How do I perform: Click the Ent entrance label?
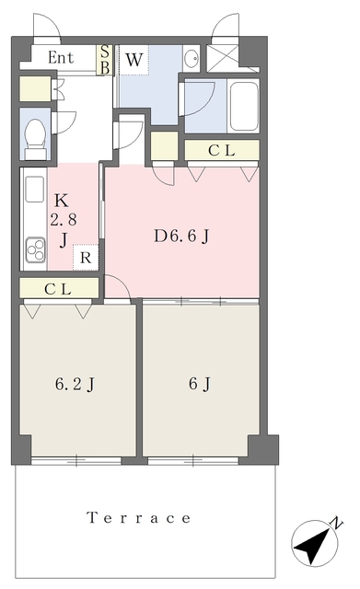[x=61, y=57]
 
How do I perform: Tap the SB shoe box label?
[x=105, y=60]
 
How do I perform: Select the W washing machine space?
[x=134, y=60]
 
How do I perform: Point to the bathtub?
[x=244, y=107]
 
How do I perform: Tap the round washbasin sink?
[x=192, y=58]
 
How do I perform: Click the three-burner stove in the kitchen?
[x=36, y=249]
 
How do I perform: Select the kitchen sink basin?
[x=35, y=189]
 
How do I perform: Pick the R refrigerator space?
[x=86, y=258]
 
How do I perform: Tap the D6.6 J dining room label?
[x=181, y=237]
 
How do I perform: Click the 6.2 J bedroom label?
[x=75, y=385]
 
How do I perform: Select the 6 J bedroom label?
[x=200, y=384]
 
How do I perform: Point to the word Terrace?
[x=139, y=517]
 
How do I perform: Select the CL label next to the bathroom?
[x=222, y=150]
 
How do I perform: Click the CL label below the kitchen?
[x=58, y=289]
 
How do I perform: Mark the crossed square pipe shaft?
[x=223, y=58]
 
